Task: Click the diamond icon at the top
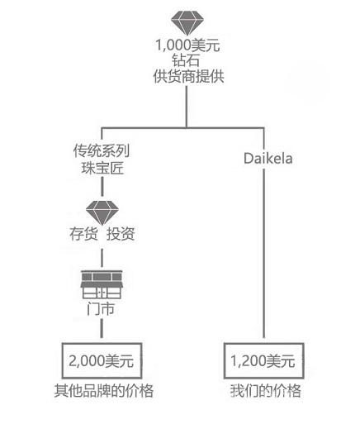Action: pyautogui.click(x=187, y=22)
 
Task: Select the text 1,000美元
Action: pyautogui.click(x=187, y=45)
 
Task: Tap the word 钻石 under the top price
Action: pyautogui.click(x=186, y=60)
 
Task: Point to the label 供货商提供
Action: pyautogui.click(x=188, y=76)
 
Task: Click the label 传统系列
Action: pyautogui.click(x=102, y=150)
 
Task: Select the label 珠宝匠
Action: pyautogui.click(x=102, y=168)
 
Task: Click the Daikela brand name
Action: pyautogui.click(x=268, y=159)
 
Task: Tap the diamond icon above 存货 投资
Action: pyautogui.click(x=102, y=212)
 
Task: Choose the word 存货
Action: pyautogui.click(x=83, y=234)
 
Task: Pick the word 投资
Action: pyautogui.click(x=121, y=234)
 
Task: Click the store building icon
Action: pyautogui.click(x=102, y=284)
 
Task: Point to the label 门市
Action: pyautogui.click(x=101, y=308)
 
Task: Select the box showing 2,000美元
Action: pyautogui.click(x=102, y=360)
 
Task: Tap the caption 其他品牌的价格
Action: pyautogui.click(x=104, y=390)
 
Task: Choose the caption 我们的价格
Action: pyautogui.click(x=266, y=390)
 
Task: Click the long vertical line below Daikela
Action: pyautogui.click(x=263, y=254)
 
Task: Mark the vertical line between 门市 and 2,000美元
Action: pyautogui.click(x=102, y=328)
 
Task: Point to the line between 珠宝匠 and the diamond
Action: pyautogui.click(x=102, y=187)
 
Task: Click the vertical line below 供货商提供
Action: pyautogui.click(x=187, y=107)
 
